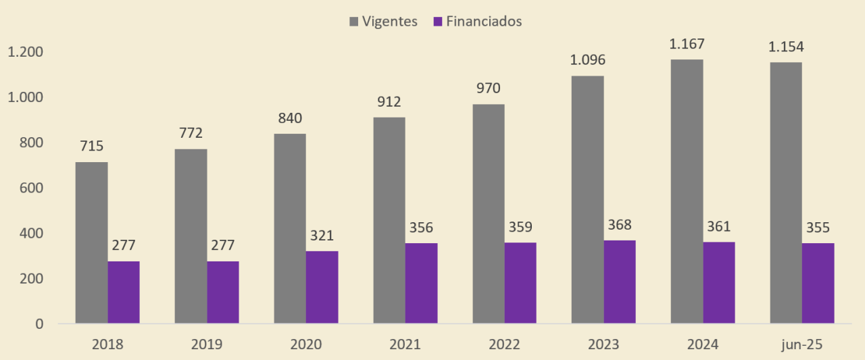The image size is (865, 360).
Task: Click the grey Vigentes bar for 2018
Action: click(x=91, y=242)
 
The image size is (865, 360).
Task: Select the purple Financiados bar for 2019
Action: click(x=223, y=292)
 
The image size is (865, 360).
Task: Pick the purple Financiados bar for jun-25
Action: click(x=818, y=283)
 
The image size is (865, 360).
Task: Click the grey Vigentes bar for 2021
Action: click(x=389, y=220)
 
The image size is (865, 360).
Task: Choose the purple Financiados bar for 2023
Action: click(x=620, y=282)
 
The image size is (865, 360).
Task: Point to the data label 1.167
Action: click(x=687, y=45)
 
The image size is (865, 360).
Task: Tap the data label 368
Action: click(x=620, y=225)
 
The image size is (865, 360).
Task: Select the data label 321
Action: click(x=322, y=236)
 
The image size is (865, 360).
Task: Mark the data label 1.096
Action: click(x=587, y=60)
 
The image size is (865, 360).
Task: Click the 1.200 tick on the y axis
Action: click(x=25, y=52)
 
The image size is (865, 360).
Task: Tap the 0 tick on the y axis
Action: click(x=39, y=324)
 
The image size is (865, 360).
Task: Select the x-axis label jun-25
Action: click(x=801, y=344)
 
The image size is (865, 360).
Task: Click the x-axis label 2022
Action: click(x=504, y=344)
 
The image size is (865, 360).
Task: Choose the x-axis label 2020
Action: click(x=305, y=344)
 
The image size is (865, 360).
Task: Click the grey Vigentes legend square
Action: click(x=354, y=22)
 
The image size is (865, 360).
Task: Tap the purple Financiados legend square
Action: click(x=438, y=22)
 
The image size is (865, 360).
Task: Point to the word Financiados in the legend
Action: click(x=484, y=21)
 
